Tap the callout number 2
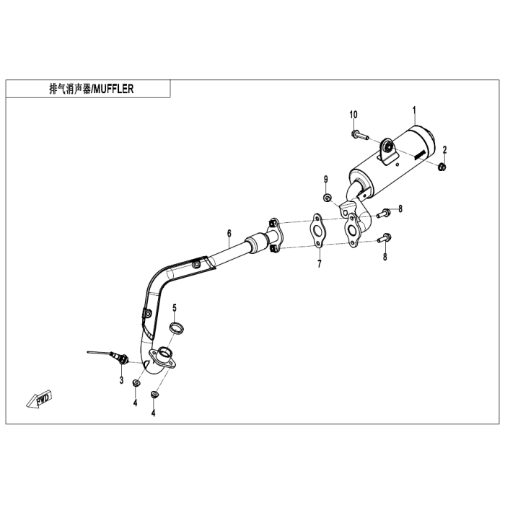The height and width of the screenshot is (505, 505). click(445, 149)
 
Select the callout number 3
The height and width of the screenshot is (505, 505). click(121, 379)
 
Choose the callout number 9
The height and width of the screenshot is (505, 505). click(326, 178)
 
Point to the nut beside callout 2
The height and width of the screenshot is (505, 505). click(442, 167)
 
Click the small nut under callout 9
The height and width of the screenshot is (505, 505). click(328, 197)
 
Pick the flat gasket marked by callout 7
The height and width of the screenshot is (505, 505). click(317, 228)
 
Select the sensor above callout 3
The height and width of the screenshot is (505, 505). click(115, 356)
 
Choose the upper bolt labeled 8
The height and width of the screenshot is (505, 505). click(383, 212)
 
